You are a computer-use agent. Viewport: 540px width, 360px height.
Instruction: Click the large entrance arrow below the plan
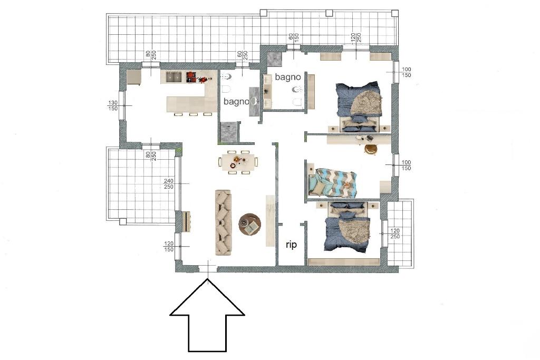[207, 315]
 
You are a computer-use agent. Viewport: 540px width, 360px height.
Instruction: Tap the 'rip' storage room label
[291, 245]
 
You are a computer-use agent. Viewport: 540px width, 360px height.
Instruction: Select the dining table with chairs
[238, 162]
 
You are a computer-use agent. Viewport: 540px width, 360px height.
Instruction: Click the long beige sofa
[224, 222]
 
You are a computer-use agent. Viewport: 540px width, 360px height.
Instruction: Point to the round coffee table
[250, 225]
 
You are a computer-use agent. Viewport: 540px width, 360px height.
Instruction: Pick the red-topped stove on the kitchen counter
[191, 77]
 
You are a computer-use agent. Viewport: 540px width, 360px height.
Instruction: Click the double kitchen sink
[173, 77]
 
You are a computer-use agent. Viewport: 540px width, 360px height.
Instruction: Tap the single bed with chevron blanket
[333, 183]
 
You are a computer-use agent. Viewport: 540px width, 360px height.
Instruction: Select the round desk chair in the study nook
[371, 149]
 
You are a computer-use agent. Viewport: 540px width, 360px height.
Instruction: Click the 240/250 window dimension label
[169, 184]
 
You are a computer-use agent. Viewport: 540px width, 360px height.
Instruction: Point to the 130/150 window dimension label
[113, 105]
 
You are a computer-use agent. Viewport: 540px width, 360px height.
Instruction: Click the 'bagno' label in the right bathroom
[288, 77]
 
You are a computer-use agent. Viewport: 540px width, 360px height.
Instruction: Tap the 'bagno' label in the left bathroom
[236, 102]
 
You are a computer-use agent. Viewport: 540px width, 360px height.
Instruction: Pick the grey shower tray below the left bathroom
[228, 132]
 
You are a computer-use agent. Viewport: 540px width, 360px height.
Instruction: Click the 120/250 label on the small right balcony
[395, 233]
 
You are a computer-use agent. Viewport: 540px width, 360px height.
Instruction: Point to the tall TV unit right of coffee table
[271, 221]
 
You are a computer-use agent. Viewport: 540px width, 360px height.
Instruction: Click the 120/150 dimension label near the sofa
[169, 247]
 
